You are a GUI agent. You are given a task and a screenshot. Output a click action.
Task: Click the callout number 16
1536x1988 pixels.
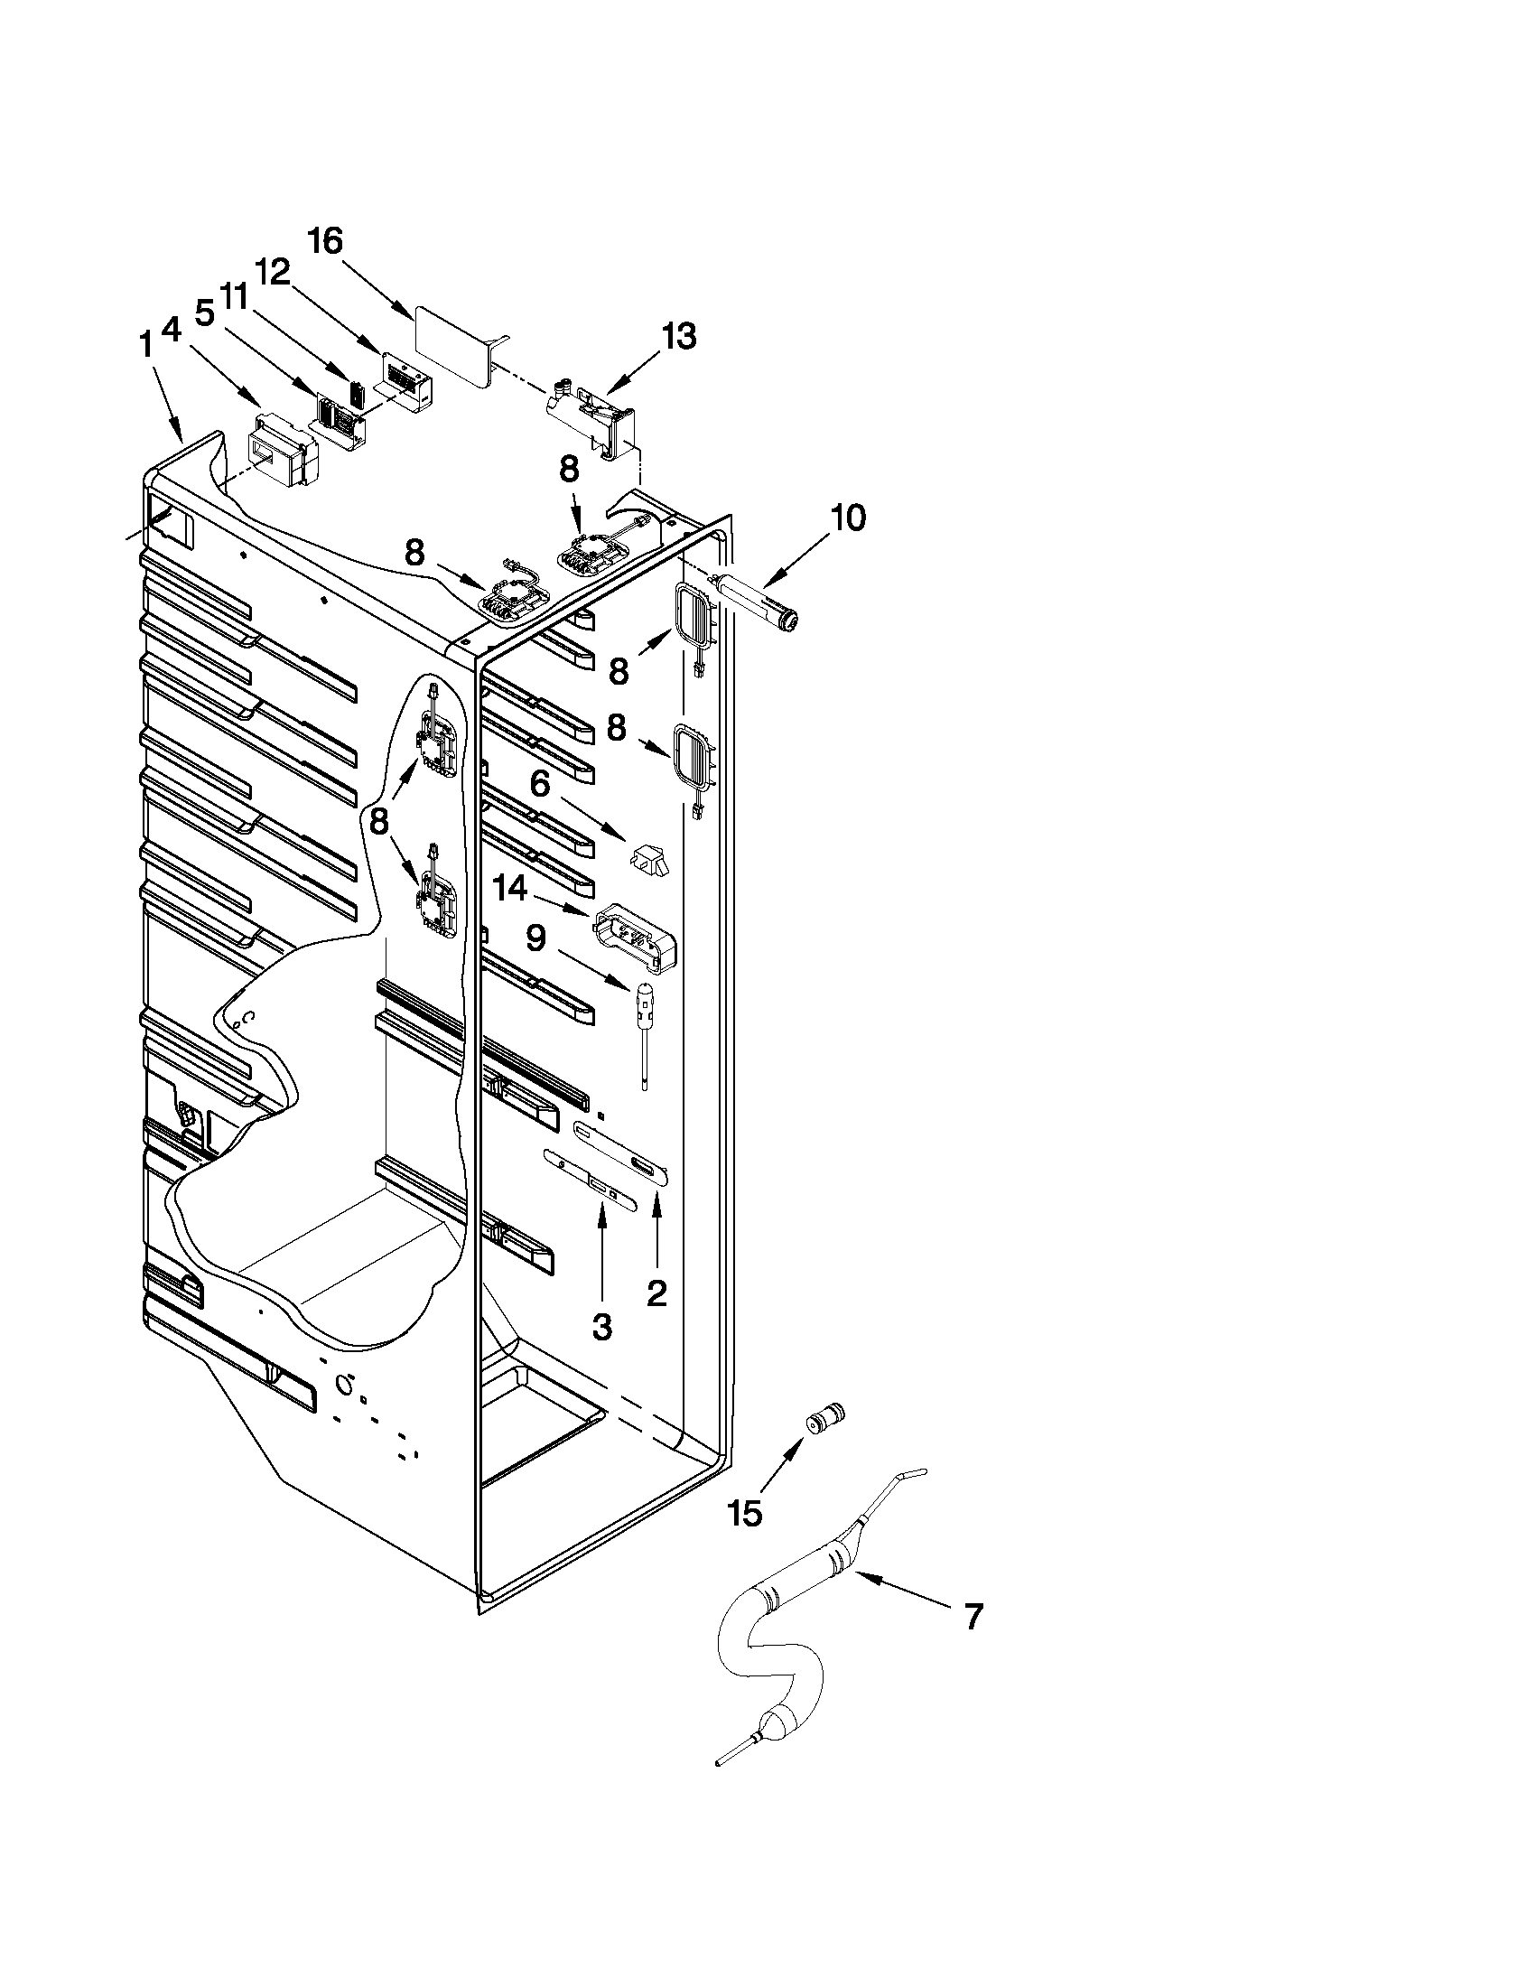(325, 241)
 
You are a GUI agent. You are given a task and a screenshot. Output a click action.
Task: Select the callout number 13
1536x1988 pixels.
(679, 336)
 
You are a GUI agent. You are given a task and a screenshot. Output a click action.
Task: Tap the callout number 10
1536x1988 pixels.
(847, 518)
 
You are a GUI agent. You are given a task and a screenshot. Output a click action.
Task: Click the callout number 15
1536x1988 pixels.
(744, 1514)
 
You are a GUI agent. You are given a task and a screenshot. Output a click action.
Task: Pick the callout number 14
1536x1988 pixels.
(510, 889)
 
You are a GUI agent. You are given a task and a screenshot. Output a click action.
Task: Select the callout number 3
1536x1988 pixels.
(601, 1327)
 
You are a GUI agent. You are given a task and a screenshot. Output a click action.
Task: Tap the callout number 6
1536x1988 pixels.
(541, 783)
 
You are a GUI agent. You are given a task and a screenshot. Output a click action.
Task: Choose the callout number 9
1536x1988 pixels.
(535, 938)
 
